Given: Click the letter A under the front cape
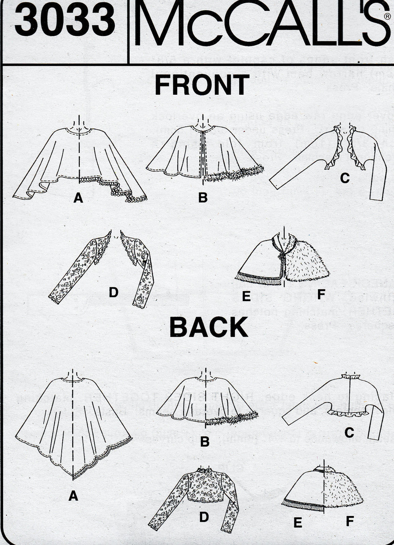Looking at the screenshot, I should [78, 198].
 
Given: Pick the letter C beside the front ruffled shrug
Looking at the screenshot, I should [345, 178].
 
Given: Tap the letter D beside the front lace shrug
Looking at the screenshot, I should [113, 292].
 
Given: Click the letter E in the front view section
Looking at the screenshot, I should [246, 297].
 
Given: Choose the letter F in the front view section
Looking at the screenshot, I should [320, 294].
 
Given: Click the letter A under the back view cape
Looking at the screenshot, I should [73, 497].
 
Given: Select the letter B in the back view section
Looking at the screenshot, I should [204, 442].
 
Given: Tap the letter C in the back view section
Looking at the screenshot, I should [349, 433].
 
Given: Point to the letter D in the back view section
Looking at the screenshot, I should [204, 517].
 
